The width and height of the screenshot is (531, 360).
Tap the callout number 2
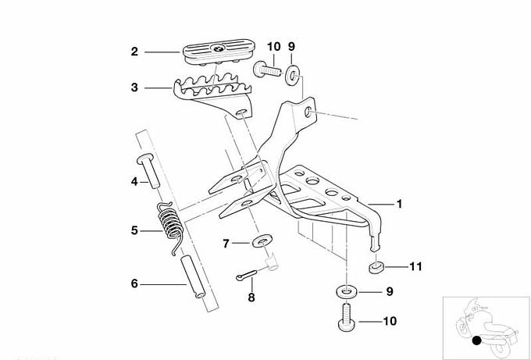(134, 52)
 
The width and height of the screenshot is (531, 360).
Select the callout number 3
(134, 88)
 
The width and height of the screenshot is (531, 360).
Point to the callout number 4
(134, 181)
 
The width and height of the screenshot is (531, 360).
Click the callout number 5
(134, 230)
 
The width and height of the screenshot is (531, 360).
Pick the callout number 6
(134, 283)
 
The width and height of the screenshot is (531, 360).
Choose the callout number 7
(225, 244)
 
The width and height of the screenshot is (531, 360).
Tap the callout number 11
(415, 266)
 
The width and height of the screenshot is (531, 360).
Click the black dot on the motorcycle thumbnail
(476, 339)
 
